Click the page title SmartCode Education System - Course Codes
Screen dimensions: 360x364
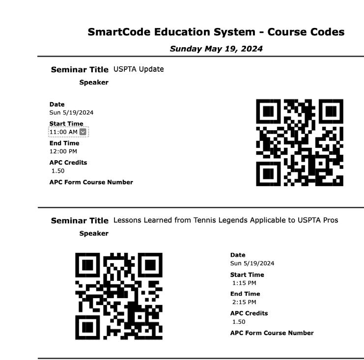[216, 32]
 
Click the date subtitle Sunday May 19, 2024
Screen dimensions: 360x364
[216, 49]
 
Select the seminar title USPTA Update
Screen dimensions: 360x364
[139, 69]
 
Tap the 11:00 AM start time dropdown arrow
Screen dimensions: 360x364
[83, 132]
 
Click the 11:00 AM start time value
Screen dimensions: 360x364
[63, 132]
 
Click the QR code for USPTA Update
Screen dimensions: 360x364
[300, 142]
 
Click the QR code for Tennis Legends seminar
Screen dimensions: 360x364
[119, 296]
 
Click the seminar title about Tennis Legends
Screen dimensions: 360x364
[225, 220]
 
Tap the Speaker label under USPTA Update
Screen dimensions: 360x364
[94, 83]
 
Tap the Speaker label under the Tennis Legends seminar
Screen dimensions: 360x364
[94, 234]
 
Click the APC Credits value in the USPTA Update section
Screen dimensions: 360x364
[58, 171]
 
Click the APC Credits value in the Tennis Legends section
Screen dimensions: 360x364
[239, 322]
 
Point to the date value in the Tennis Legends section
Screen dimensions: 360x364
[252, 263]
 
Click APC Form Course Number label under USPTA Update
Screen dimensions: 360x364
[91, 182]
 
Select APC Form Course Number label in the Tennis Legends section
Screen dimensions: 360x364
[272, 333]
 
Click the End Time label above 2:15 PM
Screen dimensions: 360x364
[245, 294]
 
